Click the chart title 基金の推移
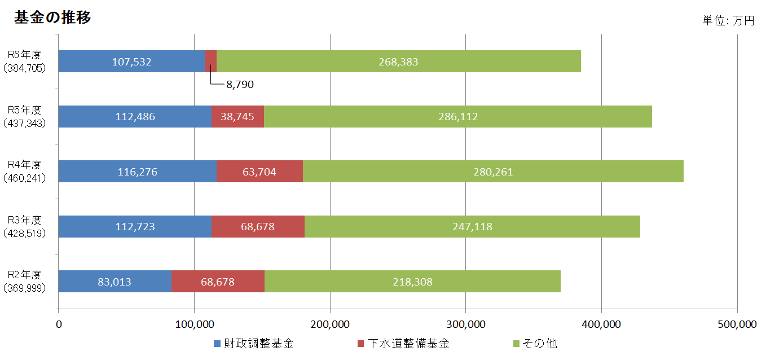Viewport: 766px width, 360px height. tap(52, 17)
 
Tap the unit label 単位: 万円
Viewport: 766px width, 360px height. tap(728, 21)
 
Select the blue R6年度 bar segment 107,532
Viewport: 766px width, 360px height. tap(131, 62)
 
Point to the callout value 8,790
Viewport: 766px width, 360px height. tap(240, 85)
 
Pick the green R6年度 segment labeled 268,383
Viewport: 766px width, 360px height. tap(398, 62)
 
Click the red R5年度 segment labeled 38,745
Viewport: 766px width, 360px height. tap(237, 117)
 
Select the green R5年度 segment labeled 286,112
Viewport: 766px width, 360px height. tap(457, 117)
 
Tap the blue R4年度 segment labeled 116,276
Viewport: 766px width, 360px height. tap(137, 172)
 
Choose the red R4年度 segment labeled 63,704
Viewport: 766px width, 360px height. tap(259, 172)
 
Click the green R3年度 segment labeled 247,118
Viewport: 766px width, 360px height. tap(472, 227)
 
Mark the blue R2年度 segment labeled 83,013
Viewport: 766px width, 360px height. tap(114, 282)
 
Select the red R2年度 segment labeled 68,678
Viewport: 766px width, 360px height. tap(217, 282)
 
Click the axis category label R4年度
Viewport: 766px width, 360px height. tap(24, 165)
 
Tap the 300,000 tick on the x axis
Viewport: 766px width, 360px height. tap(466, 324)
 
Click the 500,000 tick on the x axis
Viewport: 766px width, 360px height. tap(737, 324)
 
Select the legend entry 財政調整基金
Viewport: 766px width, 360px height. tap(259, 344)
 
